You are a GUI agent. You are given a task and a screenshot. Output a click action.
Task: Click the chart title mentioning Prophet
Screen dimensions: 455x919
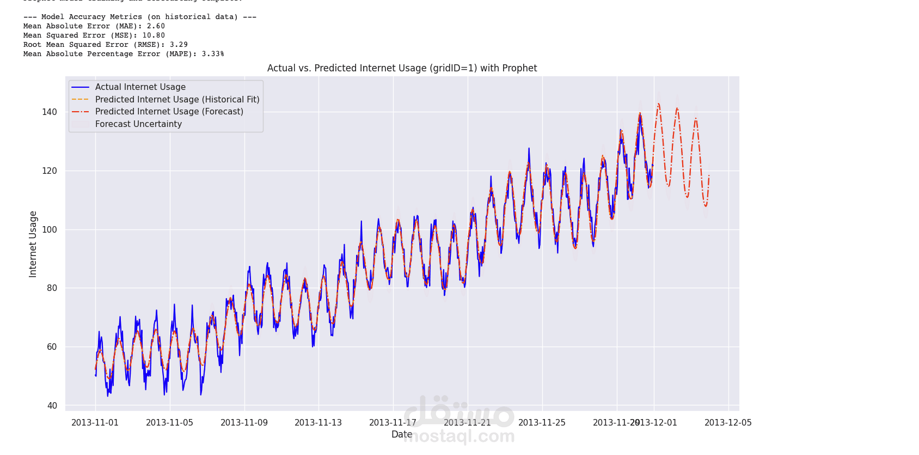click(x=402, y=68)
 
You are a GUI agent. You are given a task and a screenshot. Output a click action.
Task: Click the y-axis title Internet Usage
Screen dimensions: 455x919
click(x=33, y=244)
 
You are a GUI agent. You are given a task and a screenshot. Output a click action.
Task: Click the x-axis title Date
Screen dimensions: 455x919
click(x=402, y=434)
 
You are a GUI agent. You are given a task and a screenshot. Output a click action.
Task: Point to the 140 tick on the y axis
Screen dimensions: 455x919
click(x=50, y=112)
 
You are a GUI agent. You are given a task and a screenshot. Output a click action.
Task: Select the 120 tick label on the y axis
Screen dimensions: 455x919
click(x=50, y=171)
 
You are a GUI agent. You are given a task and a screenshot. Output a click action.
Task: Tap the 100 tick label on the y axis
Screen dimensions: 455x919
click(x=50, y=230)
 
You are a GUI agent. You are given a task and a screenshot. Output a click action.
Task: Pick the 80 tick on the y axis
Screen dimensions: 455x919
click(x=52, y=288)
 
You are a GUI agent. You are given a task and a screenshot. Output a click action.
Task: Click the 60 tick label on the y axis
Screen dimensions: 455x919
click(x=52, y=347)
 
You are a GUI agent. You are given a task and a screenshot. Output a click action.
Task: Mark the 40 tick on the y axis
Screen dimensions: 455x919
click(x=52, y=406)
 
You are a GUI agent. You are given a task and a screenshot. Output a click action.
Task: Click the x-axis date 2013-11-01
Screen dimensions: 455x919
click(x=95, y=423)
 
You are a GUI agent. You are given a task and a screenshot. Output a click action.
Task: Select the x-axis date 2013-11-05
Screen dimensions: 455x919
click(x=169, y=423)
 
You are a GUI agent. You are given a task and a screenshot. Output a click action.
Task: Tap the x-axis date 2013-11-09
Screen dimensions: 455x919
click(x=244, y=423)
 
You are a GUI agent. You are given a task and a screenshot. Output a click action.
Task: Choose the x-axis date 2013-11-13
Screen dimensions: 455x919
click(x=318, y=423)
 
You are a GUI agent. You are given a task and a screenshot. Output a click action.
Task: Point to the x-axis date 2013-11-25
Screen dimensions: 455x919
click(x=542, y=423)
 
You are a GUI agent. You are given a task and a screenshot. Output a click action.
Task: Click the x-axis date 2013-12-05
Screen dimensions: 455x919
click(x=728, y=423)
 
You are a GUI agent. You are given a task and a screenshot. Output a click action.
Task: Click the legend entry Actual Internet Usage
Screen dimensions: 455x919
click(x=140, y=87)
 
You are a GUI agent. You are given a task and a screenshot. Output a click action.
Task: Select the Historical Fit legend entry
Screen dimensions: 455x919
click(x=177, y=100)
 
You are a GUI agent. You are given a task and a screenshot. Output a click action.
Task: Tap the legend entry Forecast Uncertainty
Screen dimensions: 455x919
click(x=138, y=124)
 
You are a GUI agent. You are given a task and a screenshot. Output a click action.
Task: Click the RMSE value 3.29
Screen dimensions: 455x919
click(x=179, y=45)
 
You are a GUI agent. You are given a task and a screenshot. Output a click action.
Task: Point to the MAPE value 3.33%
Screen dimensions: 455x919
click(x=213, y=54)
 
